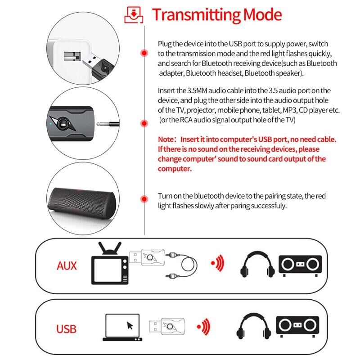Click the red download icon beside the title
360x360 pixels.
(134, 15)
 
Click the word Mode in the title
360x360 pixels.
(262, 15)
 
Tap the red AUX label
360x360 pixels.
(67, 265)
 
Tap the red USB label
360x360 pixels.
(66, 329)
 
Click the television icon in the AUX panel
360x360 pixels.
(110, 263)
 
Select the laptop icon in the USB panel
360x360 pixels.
(122, 327)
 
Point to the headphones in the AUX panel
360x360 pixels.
(257, 264)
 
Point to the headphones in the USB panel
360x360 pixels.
(254, 326)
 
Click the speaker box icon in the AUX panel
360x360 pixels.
(300, 265)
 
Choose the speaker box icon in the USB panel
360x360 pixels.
(297, 326)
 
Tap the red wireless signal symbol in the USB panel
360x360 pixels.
(203, 327)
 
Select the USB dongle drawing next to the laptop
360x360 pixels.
(167, 326)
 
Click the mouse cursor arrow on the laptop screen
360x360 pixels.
(130, 325)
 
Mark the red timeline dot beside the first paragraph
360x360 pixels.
(144, 53)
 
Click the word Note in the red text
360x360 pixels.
(166, 139)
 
